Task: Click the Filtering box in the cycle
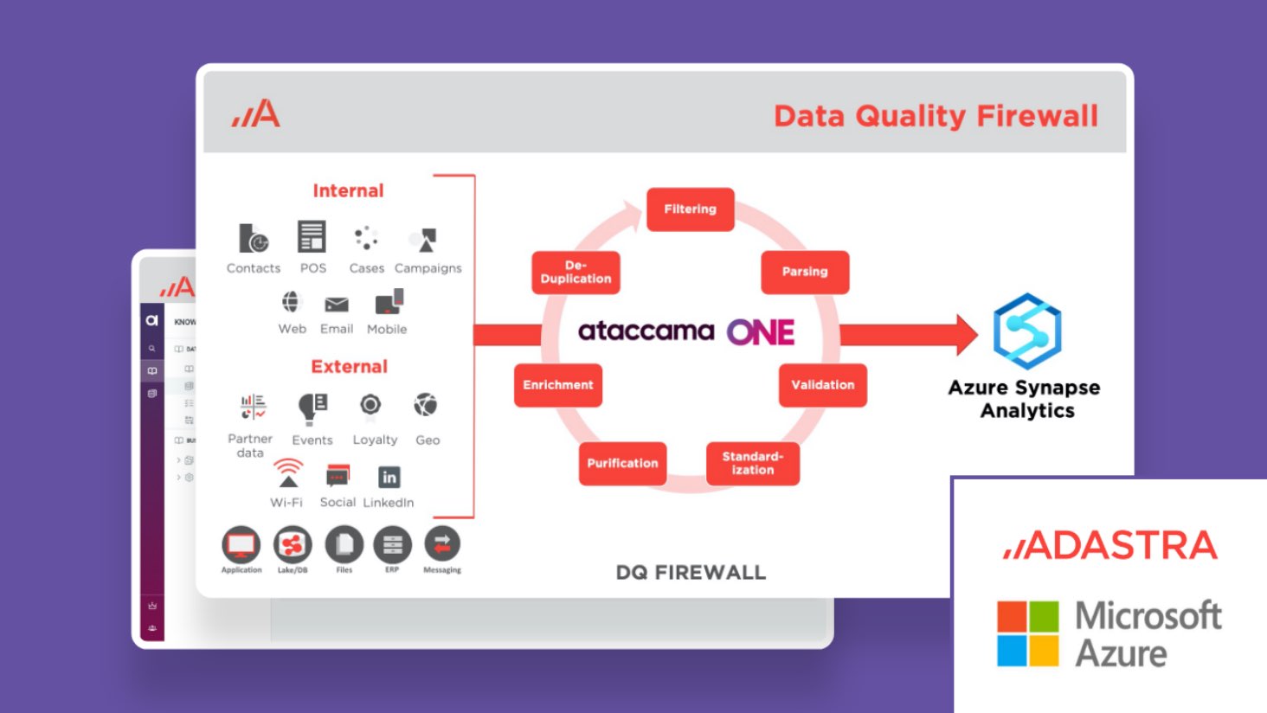point(690,209)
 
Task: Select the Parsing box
point(805,272)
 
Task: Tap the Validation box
point(822,385)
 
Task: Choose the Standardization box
point(752,464)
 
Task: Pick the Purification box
point(622,463)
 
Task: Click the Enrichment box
point(558,385)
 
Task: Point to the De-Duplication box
point(576,273)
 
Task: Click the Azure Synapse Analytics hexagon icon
point(1026,331)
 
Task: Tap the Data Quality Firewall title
point(935,116)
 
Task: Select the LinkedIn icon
point(389,478)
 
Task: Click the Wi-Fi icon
point(287,474)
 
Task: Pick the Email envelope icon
point(337,305)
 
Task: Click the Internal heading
point(348,191)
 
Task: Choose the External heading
point(349,367)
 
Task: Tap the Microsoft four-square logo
point(1027,634)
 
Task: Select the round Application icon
point(241,545)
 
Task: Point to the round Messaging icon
point(442,545)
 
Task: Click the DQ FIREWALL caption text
point(691,573)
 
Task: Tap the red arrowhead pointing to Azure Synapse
point(966,335)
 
